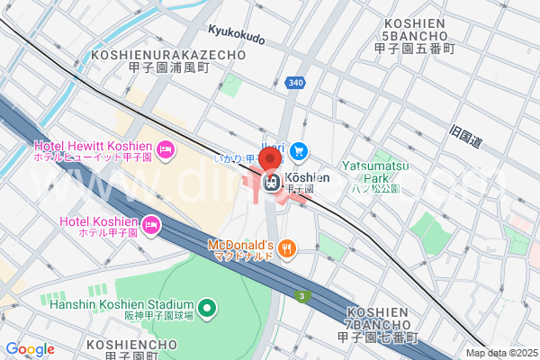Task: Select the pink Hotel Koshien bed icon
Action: point(152,223)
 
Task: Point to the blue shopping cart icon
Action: point(299,151)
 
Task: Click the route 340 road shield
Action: point(295,83)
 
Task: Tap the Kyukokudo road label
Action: point(236,39)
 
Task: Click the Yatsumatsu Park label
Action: point(375,166)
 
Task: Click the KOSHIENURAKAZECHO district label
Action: point(168,60)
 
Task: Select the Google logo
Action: point(30,349)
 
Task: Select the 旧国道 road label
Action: point(467,138)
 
